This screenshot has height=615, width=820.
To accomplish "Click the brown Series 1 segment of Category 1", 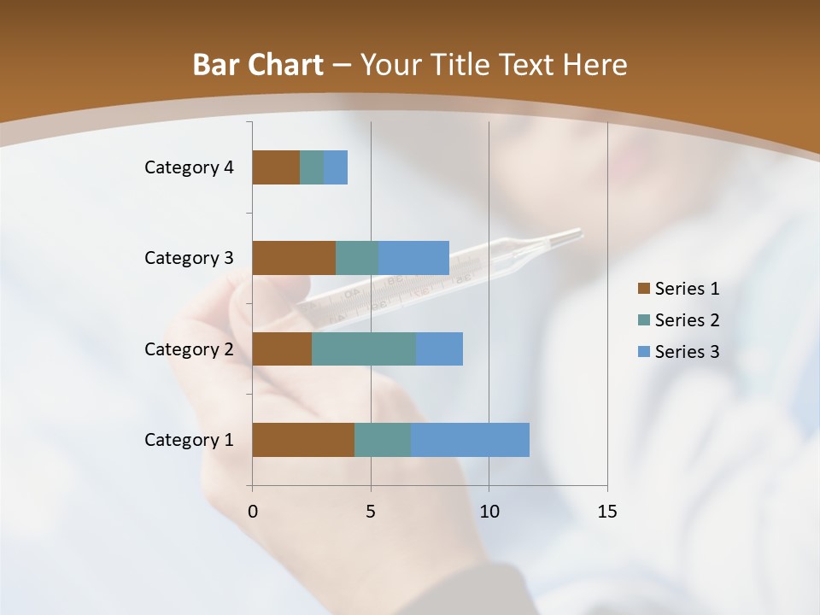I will pyautogui.click(x=303, y=440).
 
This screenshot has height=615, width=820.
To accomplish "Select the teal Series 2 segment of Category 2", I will pyautogui.click(x=364, y=348).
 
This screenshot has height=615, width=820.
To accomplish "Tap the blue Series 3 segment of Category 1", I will pyautogui.click(x=470, y=440).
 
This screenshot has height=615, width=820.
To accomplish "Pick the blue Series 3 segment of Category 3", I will pyautogui.click(x=413, y=258).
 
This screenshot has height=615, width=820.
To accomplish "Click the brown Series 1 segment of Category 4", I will pyautogui.click(x=276, y=167).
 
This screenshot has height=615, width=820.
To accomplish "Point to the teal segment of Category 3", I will pyautogui.click(x=357, y=258).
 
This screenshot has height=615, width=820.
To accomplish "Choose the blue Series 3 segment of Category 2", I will pyautogui.click(x=439, y=348).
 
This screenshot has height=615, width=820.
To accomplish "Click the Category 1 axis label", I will pyautogui.click(x=189, y=440).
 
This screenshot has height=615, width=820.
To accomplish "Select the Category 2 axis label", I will pyautogui.click(x=189, y=348).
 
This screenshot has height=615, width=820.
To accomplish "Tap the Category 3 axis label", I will pyautogui.click(x=189, y=258).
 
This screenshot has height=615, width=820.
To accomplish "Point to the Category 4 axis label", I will pyautogui.click(x=189, y=167).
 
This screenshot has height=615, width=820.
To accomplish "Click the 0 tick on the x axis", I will pyautogui.click(x=253, y=512).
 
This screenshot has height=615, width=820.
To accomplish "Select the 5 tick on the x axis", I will pyautogui.click(x=371, y=512).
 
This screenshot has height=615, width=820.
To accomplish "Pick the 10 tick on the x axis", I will pyautogui.click(x=489, y=512).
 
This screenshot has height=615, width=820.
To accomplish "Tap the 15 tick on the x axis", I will pyautogui.click(x=607, y=512).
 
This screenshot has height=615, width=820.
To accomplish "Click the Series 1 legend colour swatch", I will pyautogui.click(x=644, y=289).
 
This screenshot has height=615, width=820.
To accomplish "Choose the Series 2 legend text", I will pyautogui.click(x=687, y=320).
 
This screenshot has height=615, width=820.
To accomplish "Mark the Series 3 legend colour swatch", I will pyautogui.click(x=644, y=352).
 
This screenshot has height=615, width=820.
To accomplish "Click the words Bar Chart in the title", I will pyautogui.click(x=258, y=65).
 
